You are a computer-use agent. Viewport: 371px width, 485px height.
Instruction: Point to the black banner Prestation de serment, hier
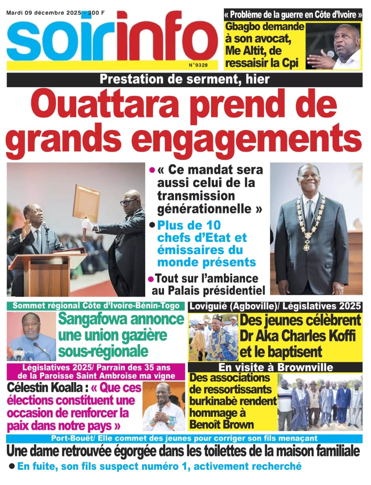184,79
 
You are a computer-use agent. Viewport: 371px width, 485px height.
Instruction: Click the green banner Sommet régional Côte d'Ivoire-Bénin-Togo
96,306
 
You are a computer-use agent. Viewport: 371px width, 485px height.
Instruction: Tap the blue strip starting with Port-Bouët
184,439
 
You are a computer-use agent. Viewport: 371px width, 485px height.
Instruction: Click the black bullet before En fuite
12,466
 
